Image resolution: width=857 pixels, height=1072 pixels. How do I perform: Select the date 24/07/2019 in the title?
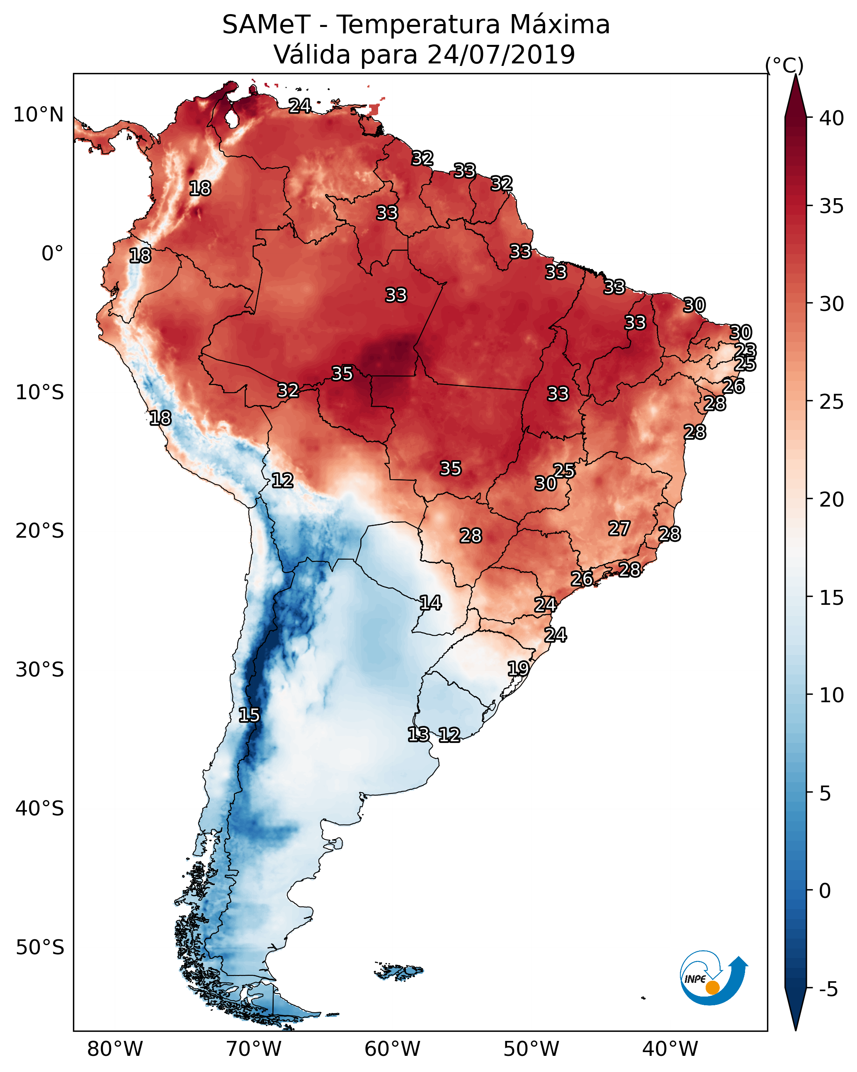pyautogui.click(x=501, y=55)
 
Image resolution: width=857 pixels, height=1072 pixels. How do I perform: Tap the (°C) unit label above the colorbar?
pyautogui.click(x=784, y=65)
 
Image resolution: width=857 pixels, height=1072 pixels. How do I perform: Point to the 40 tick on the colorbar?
pyautogui.click(x=832, y=118)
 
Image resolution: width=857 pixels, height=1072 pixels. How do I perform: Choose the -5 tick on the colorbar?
pyautogui.click(x=828, y=989)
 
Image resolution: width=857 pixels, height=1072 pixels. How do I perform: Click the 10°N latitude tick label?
pyautogui.click(x=38, y=115)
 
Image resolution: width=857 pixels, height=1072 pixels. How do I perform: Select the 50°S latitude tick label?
pyautogui.click(x=40, y=947)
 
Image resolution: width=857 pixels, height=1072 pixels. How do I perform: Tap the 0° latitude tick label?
pyautogui.click(x=52, y=254)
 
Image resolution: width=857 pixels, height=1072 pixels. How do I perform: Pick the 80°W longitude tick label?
pyautogui.click(x=115, y=1049)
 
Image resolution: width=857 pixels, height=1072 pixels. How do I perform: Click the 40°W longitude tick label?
pyautogui.click(x=670, y=1049)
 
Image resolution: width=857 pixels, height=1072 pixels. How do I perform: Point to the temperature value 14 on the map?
pyautogui.click(x=430, y=603)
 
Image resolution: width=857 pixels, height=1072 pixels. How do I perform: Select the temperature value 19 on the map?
pyautogui.click(x=518, y=668)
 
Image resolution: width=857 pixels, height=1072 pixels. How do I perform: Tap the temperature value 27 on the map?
pyautogui.click(x=619, y=528)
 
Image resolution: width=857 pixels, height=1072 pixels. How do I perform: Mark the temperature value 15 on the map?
pyautogui.click(x=249, y=715)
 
